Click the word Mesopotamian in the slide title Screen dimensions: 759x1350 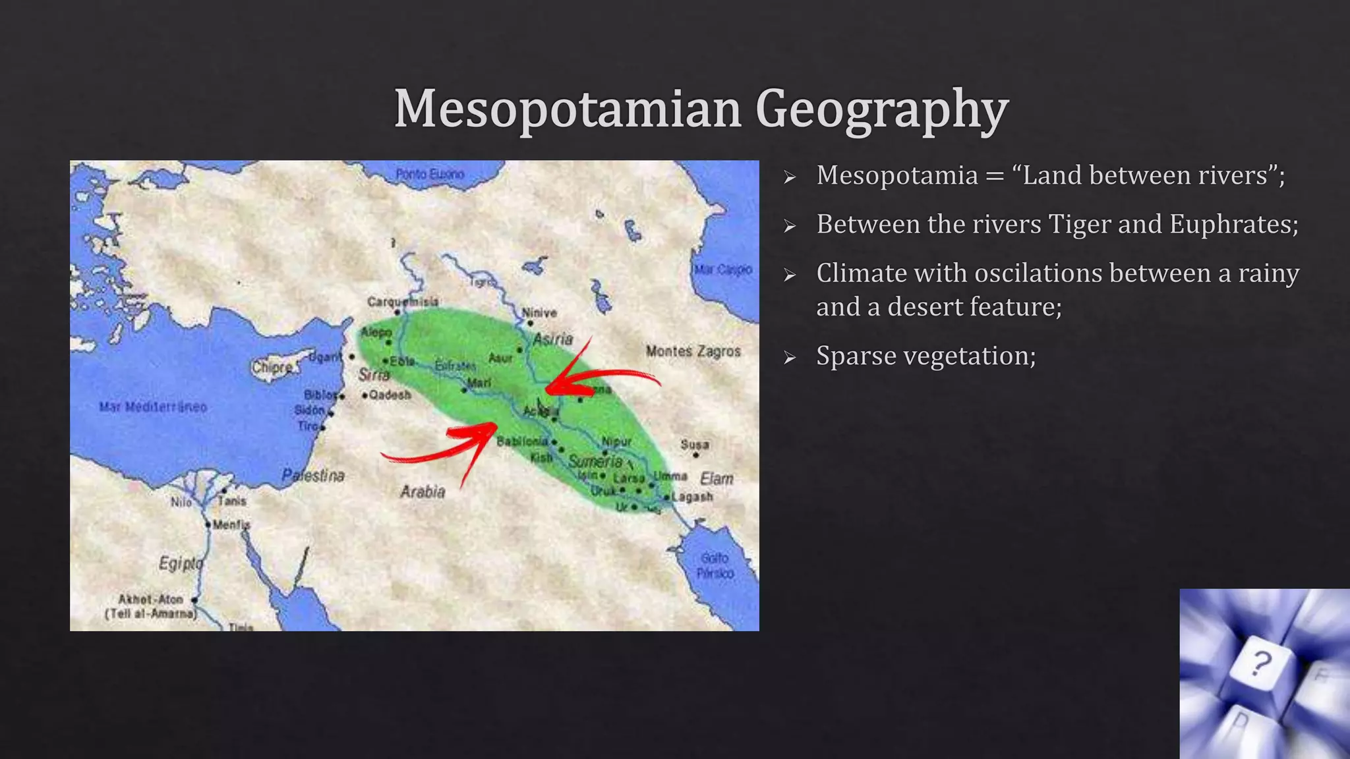coord(568,109)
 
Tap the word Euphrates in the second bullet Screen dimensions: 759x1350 coord(1233,225)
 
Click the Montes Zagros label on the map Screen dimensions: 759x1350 coord(693,351)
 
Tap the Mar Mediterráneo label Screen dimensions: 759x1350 coord(153,407)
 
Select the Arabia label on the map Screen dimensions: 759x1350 coord(423,492)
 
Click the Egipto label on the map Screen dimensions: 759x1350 coord(180,563)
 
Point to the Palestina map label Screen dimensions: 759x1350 coord(313,475)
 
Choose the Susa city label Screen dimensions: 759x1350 coord(695,445)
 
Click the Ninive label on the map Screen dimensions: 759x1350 coord(539,313)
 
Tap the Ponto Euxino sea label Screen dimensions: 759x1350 coord(430,174)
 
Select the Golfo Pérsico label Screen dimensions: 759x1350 coord(715,566)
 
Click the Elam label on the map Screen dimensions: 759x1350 coord(717,478)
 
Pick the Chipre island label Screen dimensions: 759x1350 coord(272,367)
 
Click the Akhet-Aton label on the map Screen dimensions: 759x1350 coord(150,599)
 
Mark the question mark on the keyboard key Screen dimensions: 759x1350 coord(1260,663)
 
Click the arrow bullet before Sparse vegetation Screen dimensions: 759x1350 coord(790,358)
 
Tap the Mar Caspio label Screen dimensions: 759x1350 coord(722,269)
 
